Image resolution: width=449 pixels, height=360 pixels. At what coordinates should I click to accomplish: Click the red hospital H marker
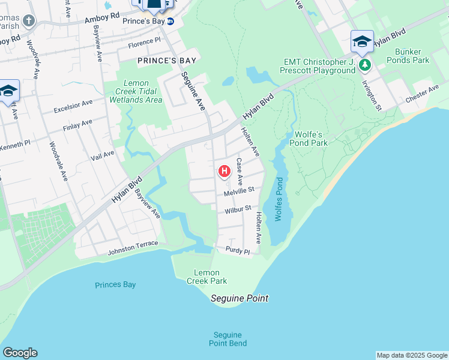[x=224, y=172]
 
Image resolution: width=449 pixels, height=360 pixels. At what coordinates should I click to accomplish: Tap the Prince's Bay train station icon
[x=170, y=22]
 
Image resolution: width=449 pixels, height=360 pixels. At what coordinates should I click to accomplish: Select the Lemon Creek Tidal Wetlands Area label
[x=136, y=91]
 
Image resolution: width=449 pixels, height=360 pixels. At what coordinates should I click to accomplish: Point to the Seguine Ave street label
[x=193, y=90]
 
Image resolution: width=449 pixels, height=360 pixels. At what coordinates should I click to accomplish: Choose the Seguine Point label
[x=240, y=298]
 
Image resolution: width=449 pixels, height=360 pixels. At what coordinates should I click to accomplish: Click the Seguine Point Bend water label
[x=228, y=339]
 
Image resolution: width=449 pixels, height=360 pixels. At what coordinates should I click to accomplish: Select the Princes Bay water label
[x=115, y=285]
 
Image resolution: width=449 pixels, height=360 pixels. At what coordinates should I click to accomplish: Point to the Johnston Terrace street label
[x=133, y=248]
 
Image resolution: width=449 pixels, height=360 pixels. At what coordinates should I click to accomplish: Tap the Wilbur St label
[x=238, y=211]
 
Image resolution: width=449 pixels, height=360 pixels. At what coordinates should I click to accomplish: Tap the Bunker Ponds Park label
[x=408, y=56]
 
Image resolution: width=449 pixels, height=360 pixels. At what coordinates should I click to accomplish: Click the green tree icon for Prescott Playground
[x=364, y=64]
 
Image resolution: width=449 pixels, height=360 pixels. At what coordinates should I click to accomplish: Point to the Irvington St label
[x=372, y=95]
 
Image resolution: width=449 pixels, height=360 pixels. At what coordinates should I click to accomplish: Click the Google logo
[x=20, y=353]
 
